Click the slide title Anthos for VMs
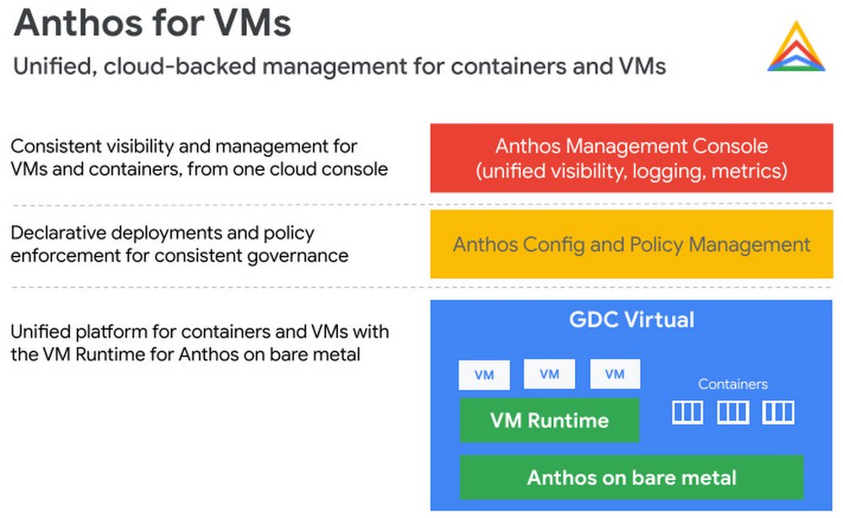click(x=153, y=24)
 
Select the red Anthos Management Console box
click(x=631, y=158)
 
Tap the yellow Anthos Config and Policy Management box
click(x=631, y=244)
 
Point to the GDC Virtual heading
click(x=631, y=320)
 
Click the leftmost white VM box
click(x=484, y=375)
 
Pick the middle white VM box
click(x=549, y=374)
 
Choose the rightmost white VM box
click(x=615, y=374)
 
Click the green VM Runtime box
click(x=549, y=420)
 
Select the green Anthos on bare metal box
click(x=631, y=478)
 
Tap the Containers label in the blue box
click(x=733, y=384)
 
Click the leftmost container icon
click(x=687, y=412)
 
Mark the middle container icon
click(x=733, y=412)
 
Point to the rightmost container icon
click(x=777, y=412)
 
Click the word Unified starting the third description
click(x=40, y=332)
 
